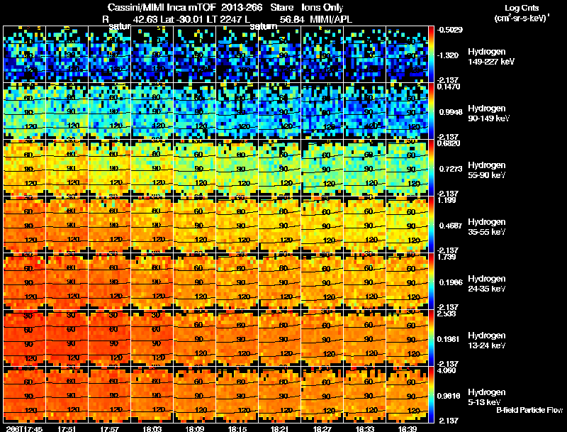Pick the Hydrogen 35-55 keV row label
point(487,227)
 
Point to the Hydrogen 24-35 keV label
point(487,284)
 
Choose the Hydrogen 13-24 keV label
point(487,340)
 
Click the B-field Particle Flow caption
point(529,410)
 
